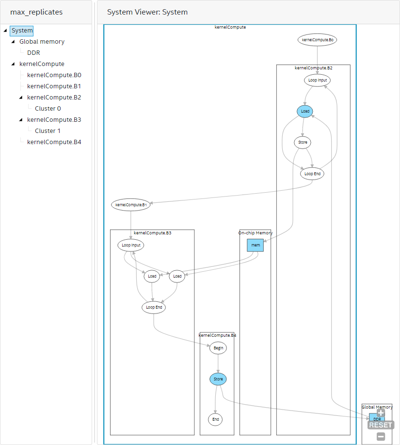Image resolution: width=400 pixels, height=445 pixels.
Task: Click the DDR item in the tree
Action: (33, 52)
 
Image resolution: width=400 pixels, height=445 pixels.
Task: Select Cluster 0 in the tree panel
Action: (48, 108)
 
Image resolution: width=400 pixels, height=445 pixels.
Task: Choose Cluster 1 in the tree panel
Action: (48, 131)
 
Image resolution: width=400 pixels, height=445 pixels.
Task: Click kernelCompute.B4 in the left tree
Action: (54, 142)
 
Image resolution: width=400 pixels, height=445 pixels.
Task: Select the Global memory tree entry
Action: (42, 41)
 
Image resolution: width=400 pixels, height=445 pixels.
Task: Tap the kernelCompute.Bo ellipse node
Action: (317, 40)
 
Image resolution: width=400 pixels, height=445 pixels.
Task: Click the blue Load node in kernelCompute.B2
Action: (304, 111)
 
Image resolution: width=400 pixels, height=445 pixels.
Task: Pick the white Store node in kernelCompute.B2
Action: (302, 142)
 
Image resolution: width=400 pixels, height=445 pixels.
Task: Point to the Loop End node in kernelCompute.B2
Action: (312, 173)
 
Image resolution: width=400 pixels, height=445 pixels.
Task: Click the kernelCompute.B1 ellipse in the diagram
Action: (131, 205)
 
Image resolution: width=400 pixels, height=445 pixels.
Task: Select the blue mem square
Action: (256, 245)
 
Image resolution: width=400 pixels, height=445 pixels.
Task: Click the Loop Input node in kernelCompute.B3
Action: (131, 245)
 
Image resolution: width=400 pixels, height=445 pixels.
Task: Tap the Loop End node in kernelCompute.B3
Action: (153, 307)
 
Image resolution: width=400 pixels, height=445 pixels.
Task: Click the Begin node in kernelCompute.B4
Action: (218, 348)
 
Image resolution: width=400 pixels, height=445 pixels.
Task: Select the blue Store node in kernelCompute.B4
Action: (218, 379)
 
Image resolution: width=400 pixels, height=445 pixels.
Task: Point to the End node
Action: (215, 419)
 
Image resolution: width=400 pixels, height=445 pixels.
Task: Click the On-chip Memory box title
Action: (256, 233)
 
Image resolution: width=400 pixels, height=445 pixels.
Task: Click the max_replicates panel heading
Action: (36, 12)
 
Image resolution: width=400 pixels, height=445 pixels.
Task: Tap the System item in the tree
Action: (22, 31)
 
